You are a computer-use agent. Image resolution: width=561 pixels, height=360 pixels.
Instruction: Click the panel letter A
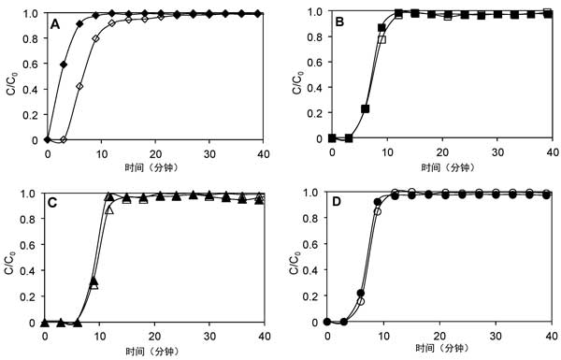pyautogui.click(x=54, y=24)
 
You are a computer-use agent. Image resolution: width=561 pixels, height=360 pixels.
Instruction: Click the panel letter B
pyautogui.click(x=339, y=22)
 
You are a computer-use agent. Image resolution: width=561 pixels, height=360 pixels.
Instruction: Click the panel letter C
pyautogui.click(x=52, y=203)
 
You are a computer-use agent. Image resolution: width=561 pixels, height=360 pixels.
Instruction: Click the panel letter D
pyautogui.click(x=337, y=202)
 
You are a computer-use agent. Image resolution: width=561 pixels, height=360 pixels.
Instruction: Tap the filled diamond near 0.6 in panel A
pyautogui.click(x=64, y=65)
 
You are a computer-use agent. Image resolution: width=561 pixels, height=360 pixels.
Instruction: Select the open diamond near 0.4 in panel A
pyautogui.click(x=79, y=86)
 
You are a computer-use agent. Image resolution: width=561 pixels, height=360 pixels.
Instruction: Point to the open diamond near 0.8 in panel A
pyautogui.click(x=95, y=38)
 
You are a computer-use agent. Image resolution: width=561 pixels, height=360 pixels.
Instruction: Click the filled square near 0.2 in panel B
pyautogui.click(x=366, y=109)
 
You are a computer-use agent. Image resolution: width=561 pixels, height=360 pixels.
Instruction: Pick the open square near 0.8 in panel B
pyautogui.click(x=382, y=39)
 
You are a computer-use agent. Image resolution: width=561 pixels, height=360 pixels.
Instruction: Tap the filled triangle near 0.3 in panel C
pyautogui.click(x=94, y=281)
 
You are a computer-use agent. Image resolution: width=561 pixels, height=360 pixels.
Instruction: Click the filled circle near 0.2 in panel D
pyautogui.click(x=361, y=293)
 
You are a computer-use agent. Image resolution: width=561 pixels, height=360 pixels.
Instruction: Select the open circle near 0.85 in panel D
pyautogui.click(x=378, y=211)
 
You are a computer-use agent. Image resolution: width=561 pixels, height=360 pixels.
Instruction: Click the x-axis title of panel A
pyautogui.click(x=151, y=167)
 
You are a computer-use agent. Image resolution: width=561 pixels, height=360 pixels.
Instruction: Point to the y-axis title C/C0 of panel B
pyautogui.click(x=298, y=83)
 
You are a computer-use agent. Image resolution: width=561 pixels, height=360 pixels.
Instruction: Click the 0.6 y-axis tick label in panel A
pyautogui.click(x=31, y=64)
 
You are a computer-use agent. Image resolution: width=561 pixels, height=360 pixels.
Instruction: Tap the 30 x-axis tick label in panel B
pyautogui.click(x=497, y=152)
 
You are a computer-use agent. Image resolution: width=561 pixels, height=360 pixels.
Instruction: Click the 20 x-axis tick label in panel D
pyautogui.click(x=440, y=336)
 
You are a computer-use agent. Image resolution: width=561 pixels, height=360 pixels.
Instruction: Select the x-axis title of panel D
pyautogui.click(x=442, y=348)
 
